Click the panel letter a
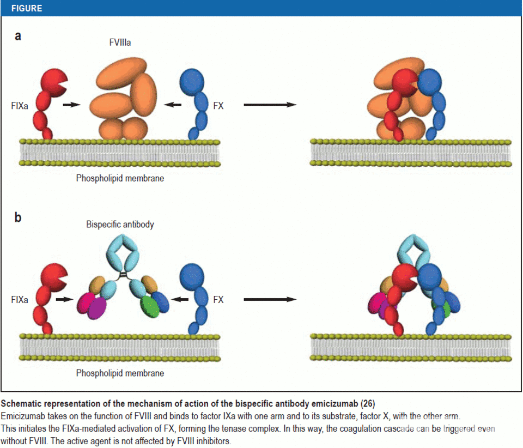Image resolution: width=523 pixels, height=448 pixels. pos(18,37)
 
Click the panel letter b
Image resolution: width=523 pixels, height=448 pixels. pos(18,217)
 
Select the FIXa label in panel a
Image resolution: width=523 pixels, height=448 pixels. pos(19,105)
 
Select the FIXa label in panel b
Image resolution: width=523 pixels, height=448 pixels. pos(19,299)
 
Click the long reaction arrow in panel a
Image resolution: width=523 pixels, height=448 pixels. pos(270,105)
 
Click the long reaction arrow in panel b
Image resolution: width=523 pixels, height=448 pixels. pos(270,299)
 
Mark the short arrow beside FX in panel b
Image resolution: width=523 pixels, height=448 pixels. pos(180,299)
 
